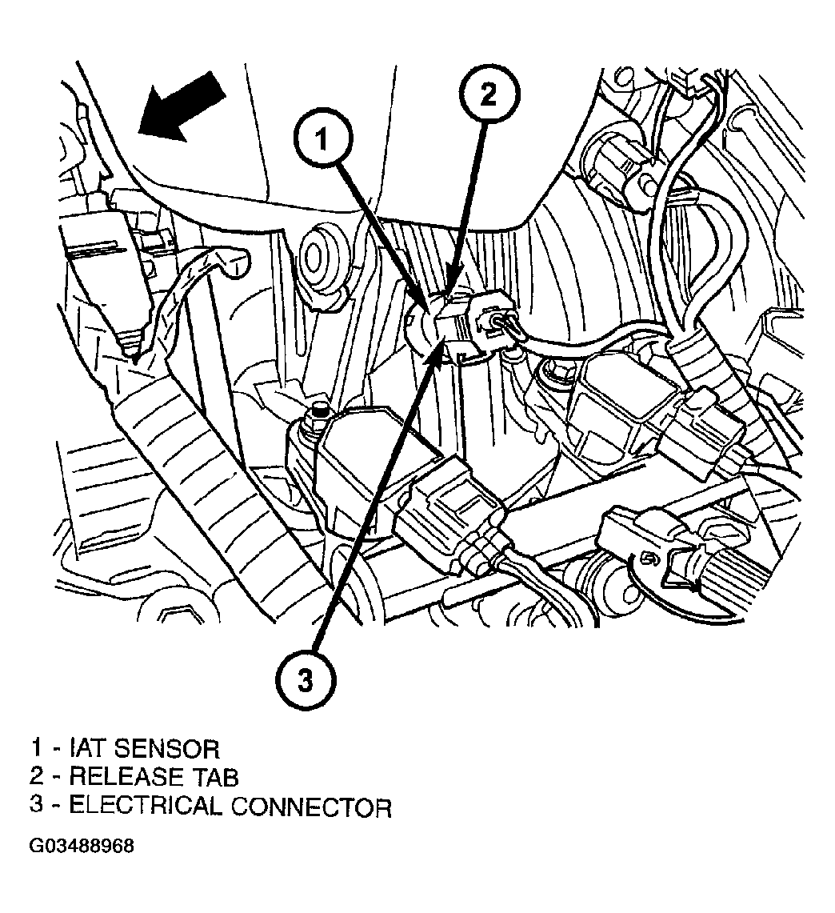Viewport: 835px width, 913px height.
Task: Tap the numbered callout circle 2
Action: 489,93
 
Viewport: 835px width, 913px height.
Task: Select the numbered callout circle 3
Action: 306,679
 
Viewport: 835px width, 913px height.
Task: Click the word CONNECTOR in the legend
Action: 311,807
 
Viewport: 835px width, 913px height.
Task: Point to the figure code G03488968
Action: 82,846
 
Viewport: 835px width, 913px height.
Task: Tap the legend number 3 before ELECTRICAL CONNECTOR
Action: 37,807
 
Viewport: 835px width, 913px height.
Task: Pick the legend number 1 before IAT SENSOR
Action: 36,749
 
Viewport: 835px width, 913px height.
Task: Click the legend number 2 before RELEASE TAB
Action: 37,777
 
